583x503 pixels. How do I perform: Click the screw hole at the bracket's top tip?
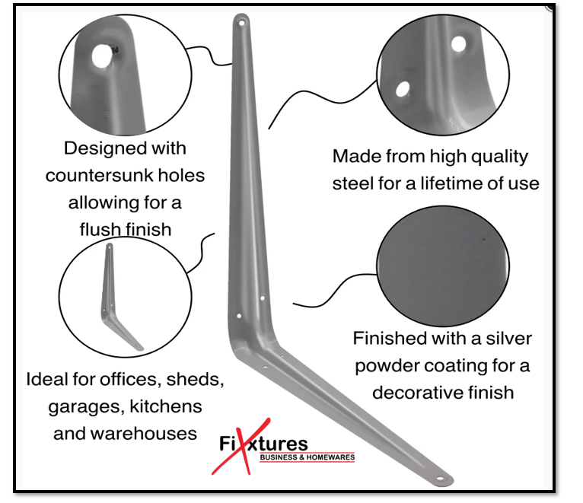(241, 23)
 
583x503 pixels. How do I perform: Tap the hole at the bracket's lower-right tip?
(440, 478)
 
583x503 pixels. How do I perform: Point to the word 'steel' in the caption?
(353, 183)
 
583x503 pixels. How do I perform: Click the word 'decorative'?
(419, 393)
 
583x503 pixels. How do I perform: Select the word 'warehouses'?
(144, 434)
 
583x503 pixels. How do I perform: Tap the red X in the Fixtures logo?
(242, 446)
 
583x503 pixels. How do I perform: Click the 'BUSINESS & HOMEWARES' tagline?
(307, 457)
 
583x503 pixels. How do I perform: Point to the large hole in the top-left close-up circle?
(101, 56)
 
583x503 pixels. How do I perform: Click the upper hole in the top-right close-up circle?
(458, 44)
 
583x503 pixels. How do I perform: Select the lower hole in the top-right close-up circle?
(403, 89)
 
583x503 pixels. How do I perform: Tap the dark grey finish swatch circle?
(443, 266)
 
